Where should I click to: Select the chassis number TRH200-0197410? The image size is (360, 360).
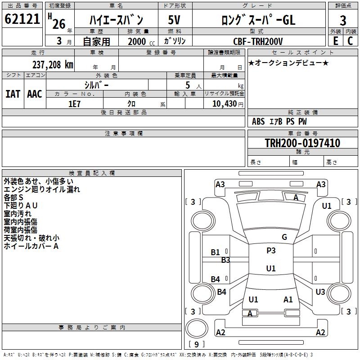tap(302, 143)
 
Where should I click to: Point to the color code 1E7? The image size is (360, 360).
tap(74, 103)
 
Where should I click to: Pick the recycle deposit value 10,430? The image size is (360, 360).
tap(224, 103)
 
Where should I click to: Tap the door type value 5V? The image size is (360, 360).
tap(174, 20)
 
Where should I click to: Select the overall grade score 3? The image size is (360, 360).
tap(343, 20)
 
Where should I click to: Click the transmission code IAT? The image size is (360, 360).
tap(13, 94)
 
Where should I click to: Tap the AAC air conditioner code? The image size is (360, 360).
tap(35, 94)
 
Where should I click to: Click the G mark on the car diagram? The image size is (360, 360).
tap(284, 237)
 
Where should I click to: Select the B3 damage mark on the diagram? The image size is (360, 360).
tap(225, 260)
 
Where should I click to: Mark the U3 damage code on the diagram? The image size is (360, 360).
tap(320, 292)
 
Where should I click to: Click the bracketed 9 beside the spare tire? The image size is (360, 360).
tap(196, 344)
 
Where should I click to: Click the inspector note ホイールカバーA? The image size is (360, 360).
tap(31, 246)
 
